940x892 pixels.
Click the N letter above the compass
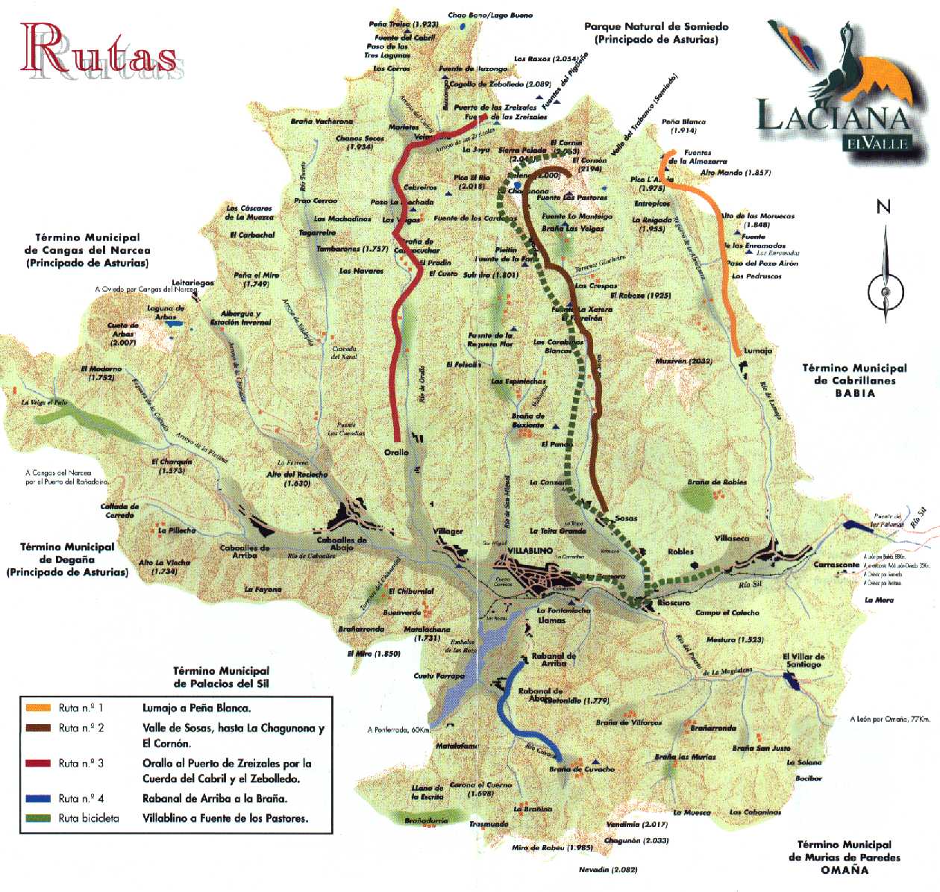(883, 207)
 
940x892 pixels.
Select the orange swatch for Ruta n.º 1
(38, 708)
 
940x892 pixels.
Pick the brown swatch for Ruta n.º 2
(38, 728)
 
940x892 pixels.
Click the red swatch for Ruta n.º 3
(38, 763)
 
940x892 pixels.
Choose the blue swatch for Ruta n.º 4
(38, 798)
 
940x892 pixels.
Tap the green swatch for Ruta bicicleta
(38, 818)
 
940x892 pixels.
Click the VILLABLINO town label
(530, 551)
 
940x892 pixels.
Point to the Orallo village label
(396, 452)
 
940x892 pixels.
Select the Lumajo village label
(758, 350)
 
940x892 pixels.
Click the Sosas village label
(626, 518)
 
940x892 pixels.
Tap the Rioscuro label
(674, 602)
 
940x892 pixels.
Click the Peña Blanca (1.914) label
(683, 125)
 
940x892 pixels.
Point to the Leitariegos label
(192, 283)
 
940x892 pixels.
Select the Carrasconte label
(836, 565)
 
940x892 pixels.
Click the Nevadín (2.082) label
(608, 870)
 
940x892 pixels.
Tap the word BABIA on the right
(854, 393)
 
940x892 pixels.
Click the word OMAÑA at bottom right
(845, 870)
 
